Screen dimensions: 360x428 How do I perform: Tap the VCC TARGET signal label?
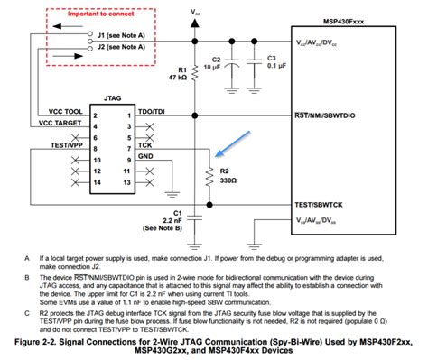tap(59, 122)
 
